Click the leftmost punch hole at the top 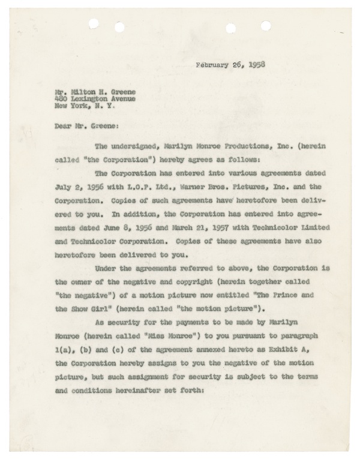click(x=92, y=24)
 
